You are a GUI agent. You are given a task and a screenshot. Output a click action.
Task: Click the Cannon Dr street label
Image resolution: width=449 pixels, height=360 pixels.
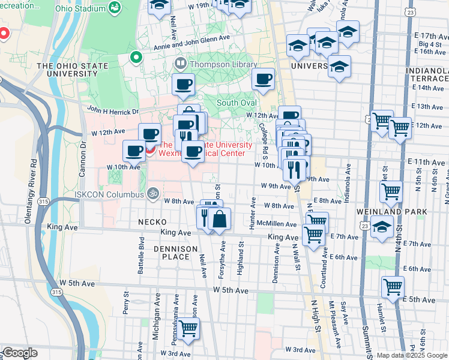pyautogui.click(x=83, y=157)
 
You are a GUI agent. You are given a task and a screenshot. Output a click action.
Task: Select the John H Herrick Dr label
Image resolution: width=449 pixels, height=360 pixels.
pyautogui.click(x=113, y=110)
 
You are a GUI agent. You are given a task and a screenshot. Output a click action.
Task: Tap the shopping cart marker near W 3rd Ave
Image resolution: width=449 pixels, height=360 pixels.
pyautogui.click(x=188, y=329)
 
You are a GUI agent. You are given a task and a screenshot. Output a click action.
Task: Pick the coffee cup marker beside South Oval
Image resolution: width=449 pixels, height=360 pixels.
pyautogui.click(x=262, y=79)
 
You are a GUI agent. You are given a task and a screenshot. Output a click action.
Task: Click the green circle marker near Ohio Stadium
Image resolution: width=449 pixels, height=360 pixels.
pyautogui.click(x=136, y=58)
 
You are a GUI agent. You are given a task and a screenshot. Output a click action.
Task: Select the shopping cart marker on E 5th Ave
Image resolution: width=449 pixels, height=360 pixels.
pyautogui.click(x=393, y=287)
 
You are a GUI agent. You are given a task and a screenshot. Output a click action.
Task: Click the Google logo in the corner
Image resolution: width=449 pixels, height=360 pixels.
pyautogui.click(x=19, y=353)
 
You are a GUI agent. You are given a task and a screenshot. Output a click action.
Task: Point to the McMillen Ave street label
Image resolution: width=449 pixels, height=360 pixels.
pyautogui.click(x=277, y=224)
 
